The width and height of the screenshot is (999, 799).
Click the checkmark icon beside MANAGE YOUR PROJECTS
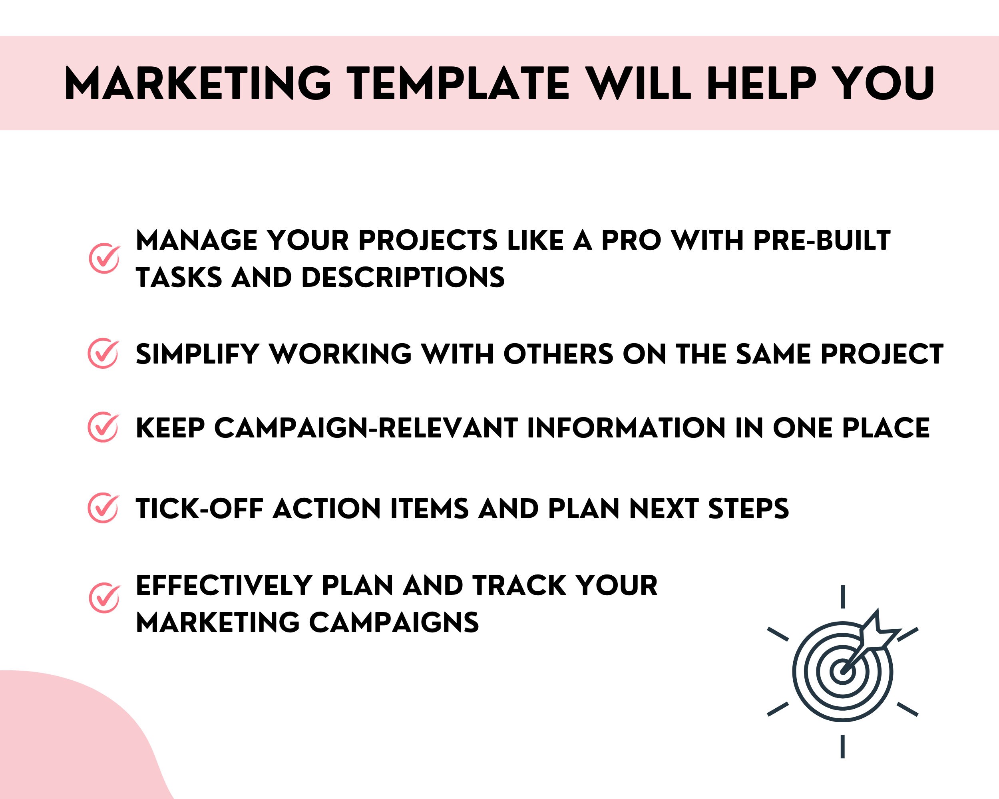click(x=104, y=258)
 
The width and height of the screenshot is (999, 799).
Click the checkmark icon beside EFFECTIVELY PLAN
click(x=104, y=598)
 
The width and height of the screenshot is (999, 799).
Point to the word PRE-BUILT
click(x=822, y=240)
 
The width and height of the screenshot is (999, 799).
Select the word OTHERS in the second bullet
click(x=558, y=354)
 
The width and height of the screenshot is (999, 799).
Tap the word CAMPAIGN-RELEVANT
click(x=366, y=428)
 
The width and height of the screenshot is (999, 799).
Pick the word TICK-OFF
click(x=199, y=509)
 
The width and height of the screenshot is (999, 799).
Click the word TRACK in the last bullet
click(x=519, y=586)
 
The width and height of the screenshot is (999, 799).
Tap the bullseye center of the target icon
click(x=842, y=672)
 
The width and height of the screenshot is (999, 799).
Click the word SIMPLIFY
click(x=197, y=354)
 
